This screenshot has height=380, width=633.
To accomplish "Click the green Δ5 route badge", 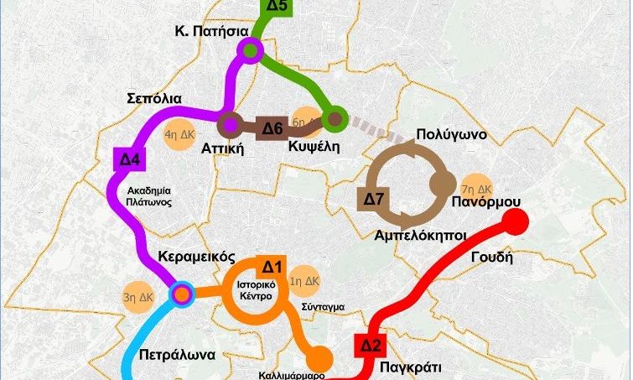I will (x=278, y=7).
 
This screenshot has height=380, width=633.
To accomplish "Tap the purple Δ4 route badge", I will (x=125, y=158).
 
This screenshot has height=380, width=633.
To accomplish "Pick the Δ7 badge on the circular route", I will (x=373, y=200).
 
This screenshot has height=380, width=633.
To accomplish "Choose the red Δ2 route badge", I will (x=371, y=345).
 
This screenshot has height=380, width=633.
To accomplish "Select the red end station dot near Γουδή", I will (x=516, y=223).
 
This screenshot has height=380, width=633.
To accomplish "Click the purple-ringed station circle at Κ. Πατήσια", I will (x=249, y=52).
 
